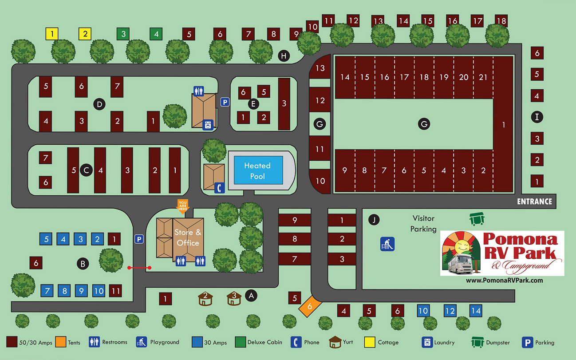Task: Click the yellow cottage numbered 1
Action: (52, 33)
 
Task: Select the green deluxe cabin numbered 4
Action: (156, 33)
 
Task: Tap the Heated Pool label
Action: (257, 171)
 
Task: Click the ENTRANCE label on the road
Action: (534, 202)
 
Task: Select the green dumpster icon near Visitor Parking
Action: (477, 218)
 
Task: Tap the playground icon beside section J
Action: (387, 244)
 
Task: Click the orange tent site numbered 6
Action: (310, 306)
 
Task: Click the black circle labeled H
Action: (284, 55)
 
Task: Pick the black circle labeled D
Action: (100, 104)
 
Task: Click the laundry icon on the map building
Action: (208, 125)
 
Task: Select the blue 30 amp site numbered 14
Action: (476, 311)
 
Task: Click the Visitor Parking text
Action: (423, 224)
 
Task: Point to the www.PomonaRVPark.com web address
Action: (504, 281)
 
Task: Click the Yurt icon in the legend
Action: (335, 342)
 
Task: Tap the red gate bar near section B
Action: (139, 268)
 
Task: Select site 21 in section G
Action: (483, 77)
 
